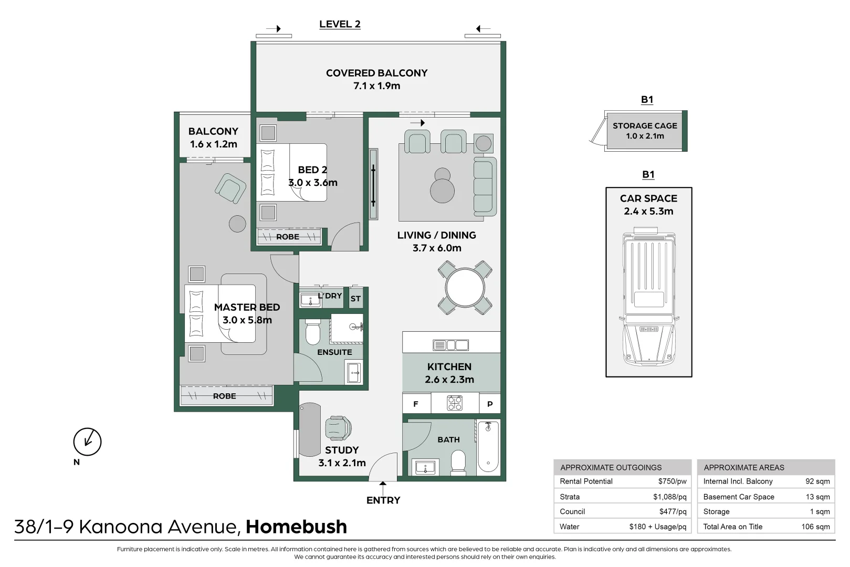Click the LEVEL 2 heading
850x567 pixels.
[340, 24]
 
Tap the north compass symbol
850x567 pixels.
[87, 442]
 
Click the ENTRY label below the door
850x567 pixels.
[383, 500]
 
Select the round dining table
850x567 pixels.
[465, 288]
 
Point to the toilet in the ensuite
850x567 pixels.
[312, 331]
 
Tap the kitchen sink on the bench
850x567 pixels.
[450, 345]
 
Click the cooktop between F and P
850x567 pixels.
[455, 403]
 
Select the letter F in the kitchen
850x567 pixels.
[416, 404]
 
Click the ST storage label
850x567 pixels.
[355, 299]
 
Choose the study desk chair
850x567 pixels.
[337, 428]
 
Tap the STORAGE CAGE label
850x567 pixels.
[645, 126]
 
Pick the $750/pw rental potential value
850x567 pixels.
[672, 481]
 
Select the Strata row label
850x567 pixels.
[570, 497]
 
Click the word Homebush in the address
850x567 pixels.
[296, 527]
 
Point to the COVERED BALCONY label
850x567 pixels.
[376, 73]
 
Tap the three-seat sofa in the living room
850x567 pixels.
[485, 186]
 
